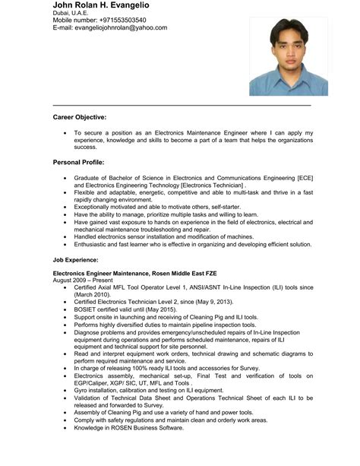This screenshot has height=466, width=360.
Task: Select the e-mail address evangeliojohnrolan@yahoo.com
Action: pos(110,28)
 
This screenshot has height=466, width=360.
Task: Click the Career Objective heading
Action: pos(80,117)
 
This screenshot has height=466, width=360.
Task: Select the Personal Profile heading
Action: pos(79,163)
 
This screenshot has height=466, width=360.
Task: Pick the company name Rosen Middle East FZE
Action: pos(175,273)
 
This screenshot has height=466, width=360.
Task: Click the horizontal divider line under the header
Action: pos(182,104)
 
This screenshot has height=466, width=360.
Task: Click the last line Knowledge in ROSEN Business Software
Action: pos(129,427)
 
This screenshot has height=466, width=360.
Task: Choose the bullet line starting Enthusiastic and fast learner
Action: pos(192,245)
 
